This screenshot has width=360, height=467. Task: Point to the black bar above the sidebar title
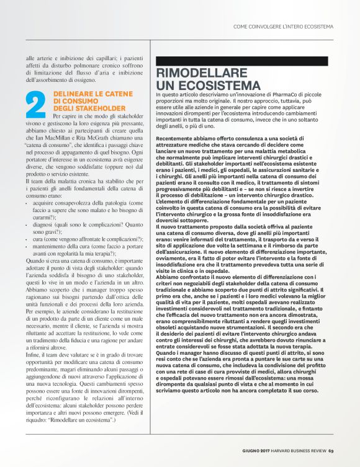click(x=241, y=61)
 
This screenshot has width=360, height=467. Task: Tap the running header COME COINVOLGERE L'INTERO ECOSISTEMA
click(x=283, y=27)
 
